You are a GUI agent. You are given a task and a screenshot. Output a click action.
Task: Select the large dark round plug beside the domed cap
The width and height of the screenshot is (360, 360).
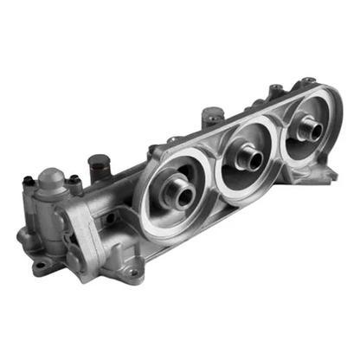[x=98, y=162]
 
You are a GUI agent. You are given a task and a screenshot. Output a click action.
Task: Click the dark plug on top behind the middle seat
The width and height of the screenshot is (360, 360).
[x=211, y=113]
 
